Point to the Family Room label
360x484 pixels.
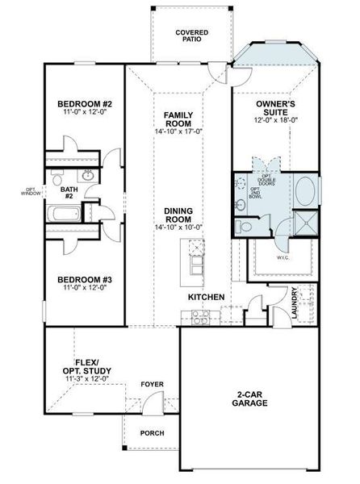click(x=178, y=120)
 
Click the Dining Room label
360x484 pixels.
click(x=178, y=215)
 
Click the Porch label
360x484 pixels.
click(x=152, y=433)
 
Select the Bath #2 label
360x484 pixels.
click(x=69, y=193)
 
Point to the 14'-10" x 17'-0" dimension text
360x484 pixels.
click(x=178, y=132)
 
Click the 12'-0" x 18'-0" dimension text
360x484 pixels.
click(x=275, y=119)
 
